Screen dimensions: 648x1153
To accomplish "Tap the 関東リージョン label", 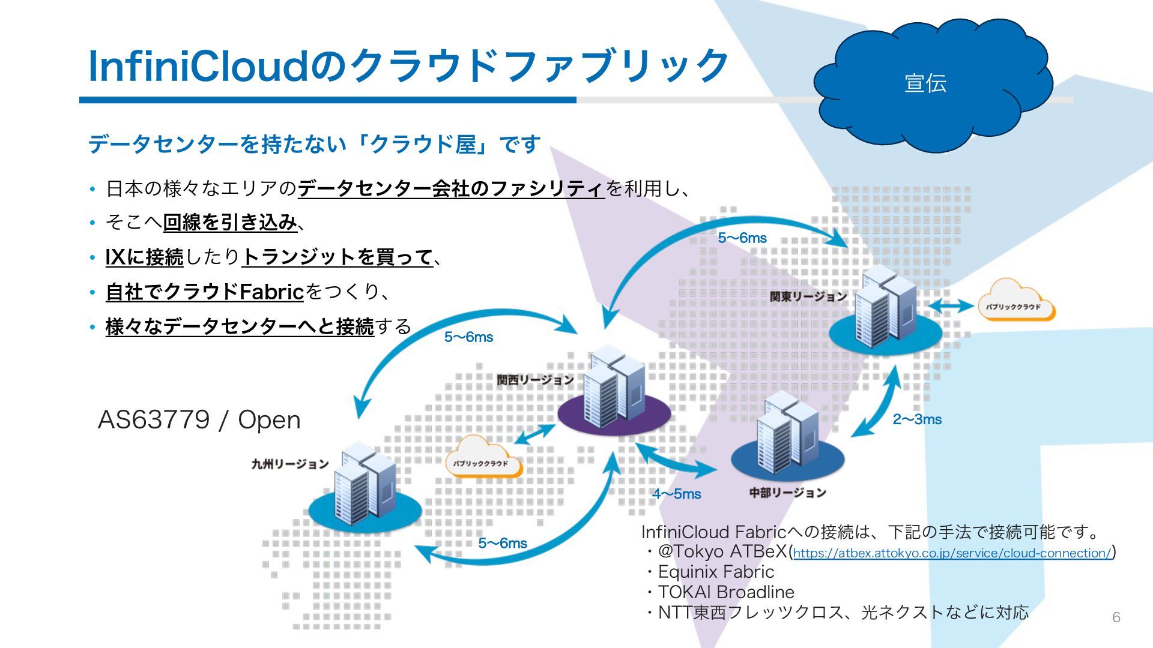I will [x=808, y=296].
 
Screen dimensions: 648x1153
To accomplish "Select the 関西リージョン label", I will [x=535, y=380].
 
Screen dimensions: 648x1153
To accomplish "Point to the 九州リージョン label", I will [x=290, y=464].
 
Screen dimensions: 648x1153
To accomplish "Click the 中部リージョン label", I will [x=787, y=493].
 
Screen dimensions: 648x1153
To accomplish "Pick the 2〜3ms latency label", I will [x=917, y=419].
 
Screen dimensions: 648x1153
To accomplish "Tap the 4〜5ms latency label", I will [x=677, y=494].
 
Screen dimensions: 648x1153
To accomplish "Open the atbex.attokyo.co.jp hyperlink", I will [x=952, y=553].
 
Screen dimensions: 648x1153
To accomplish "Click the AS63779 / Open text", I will [x=199, y=419].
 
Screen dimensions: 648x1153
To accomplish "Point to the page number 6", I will [x=1116, y=617].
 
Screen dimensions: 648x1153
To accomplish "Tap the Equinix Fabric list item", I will [x=716, y=572].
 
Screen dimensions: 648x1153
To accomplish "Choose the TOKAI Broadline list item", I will [x=725, y=592].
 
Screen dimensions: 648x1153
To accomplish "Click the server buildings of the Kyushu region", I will [x=365, y=486].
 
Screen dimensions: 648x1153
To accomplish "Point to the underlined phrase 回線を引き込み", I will [x=230, y=223].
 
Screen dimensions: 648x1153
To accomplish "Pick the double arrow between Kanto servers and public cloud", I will [x=951, y=307].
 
